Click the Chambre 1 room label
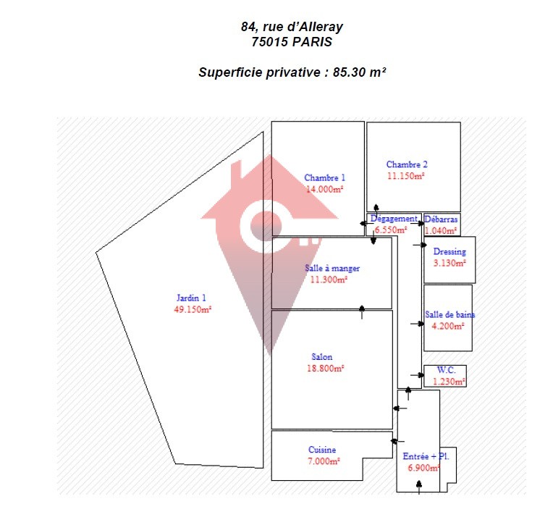click(x=324, y=177)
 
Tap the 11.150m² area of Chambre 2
click(x=405, y=176)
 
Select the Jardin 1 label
click(x=191, y=298)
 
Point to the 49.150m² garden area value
click(x=193, y=309)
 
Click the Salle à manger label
click(x=332, y=268)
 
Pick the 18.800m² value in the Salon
click(x=325, y=369)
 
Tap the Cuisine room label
click(x=322, y=450)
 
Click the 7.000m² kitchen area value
click(x=324, y=461)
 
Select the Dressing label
click(x=449, y=251)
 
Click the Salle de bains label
click(x=449, y=314)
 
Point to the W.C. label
click(x=446, y=370)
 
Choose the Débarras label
click(x=441, y=219)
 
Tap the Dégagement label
click(x=394, y=219)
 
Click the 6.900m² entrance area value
click(x=423, y=468)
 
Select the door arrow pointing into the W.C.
click(x=417, y=375)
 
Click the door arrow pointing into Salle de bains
click(x=417, y=324)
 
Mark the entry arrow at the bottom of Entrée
click(x=419, y=487)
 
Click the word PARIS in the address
click(x=312, y=42)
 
